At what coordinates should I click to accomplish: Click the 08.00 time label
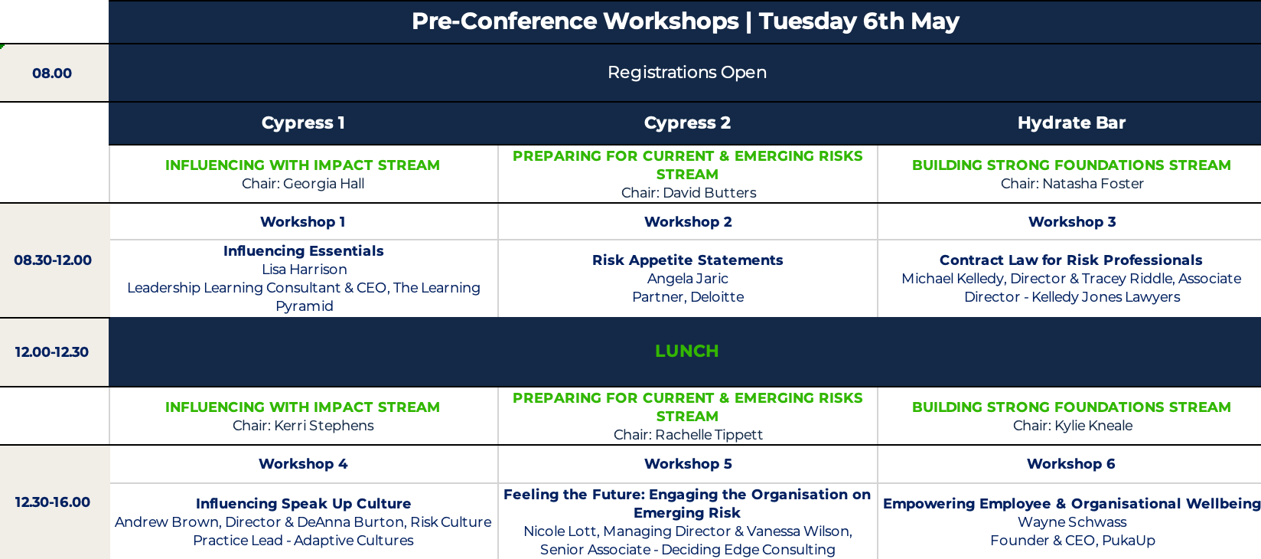coord(52,74)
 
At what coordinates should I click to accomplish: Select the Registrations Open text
coord(687,73)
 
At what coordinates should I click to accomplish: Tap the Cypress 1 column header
coord(303,123)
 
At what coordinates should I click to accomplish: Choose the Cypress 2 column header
coord(687,123)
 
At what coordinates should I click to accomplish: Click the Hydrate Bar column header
coord(1071,123)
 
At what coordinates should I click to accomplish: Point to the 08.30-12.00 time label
coord(53,260)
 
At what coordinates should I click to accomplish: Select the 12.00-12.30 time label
coord(52,352)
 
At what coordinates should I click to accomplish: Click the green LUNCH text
coord(687,351)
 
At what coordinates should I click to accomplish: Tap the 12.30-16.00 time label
coord(52,502)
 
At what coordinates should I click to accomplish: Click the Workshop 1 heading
coord(303,222)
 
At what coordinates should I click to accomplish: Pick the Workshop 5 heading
coord(688,464)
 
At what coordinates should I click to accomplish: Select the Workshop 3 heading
coord(1072,222)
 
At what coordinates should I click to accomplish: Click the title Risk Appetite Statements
coord(687,260)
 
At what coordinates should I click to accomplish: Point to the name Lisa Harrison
coord(304,270)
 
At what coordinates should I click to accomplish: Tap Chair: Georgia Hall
coord(303,184)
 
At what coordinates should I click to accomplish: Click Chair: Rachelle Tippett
coord(688,435)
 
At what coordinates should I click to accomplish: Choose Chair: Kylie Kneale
coord(1073,426)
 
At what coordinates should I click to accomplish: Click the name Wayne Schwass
coord(1072,522)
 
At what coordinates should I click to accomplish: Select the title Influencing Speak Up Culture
coord(304,504)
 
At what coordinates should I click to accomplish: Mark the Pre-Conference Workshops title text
coord(575,21)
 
